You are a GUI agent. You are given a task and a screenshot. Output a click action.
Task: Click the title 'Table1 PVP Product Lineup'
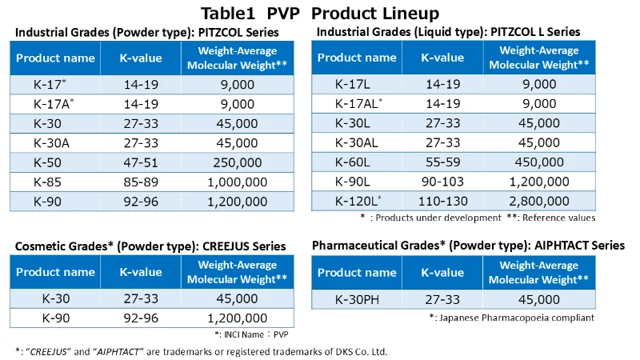click(x=320, y=13)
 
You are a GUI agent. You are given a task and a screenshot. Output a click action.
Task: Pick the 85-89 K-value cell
click(x=141, y=182)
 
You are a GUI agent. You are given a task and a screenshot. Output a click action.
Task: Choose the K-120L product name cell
click(x=357, y=202)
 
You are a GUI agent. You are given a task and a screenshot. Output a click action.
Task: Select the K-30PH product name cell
click(x=357, y=300)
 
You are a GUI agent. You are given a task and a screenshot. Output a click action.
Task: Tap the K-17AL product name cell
click(x=357, y=103)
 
